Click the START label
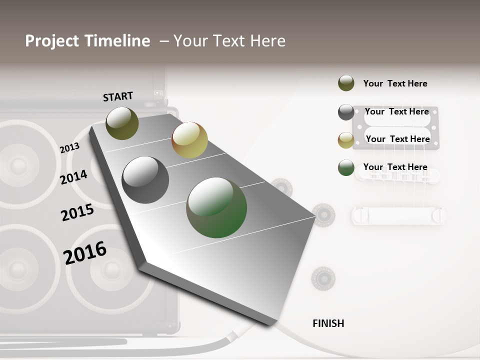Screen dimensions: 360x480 point(118,96)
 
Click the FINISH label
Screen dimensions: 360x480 point(328,323)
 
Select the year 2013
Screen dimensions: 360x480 point(69,148)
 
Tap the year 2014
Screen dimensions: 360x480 point(73,177)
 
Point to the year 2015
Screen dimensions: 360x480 point(77,212)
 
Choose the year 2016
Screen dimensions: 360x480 point(85,252)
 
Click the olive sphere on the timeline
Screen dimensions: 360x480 point(122,123)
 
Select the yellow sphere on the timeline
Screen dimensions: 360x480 point(189,140)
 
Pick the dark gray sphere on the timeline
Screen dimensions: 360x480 point(145,180)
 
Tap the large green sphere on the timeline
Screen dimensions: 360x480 point(216,207)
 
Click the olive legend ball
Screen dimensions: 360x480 point(346,83)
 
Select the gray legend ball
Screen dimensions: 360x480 point(346,112)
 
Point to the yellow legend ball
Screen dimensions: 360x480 point(346,140)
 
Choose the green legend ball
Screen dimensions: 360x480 point(346,167)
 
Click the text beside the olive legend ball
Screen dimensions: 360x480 point(395,83)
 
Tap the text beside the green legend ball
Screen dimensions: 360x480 point(395,167)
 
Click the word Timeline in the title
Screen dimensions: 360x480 point(117,41)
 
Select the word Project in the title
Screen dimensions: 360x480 point(52,41)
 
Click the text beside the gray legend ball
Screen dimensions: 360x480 point(396,111)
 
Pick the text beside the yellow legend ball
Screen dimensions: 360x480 point(397,139)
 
